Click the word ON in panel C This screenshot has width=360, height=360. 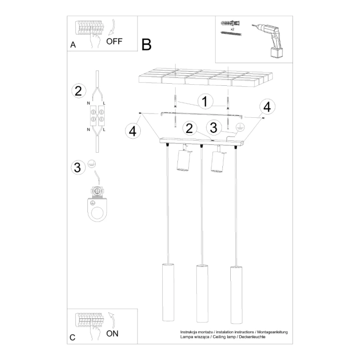(x=113, y=333)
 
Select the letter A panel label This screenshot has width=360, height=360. (x=73, y=46)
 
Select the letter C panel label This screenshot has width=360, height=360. (x=73, y=337)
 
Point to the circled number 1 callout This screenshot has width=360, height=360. (x=206, y=102)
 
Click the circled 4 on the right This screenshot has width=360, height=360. (x=267, y=107)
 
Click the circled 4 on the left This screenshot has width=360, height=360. (x=133, y=131)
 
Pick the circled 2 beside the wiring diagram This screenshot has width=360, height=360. (x=78, y=91)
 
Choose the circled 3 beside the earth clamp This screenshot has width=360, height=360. (x=78, y=167)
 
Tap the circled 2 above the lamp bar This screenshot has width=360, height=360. (x=189, y=127)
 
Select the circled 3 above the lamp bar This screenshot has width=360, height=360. (x=212, y=127)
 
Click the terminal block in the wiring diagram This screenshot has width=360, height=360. (x=97, y=117)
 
